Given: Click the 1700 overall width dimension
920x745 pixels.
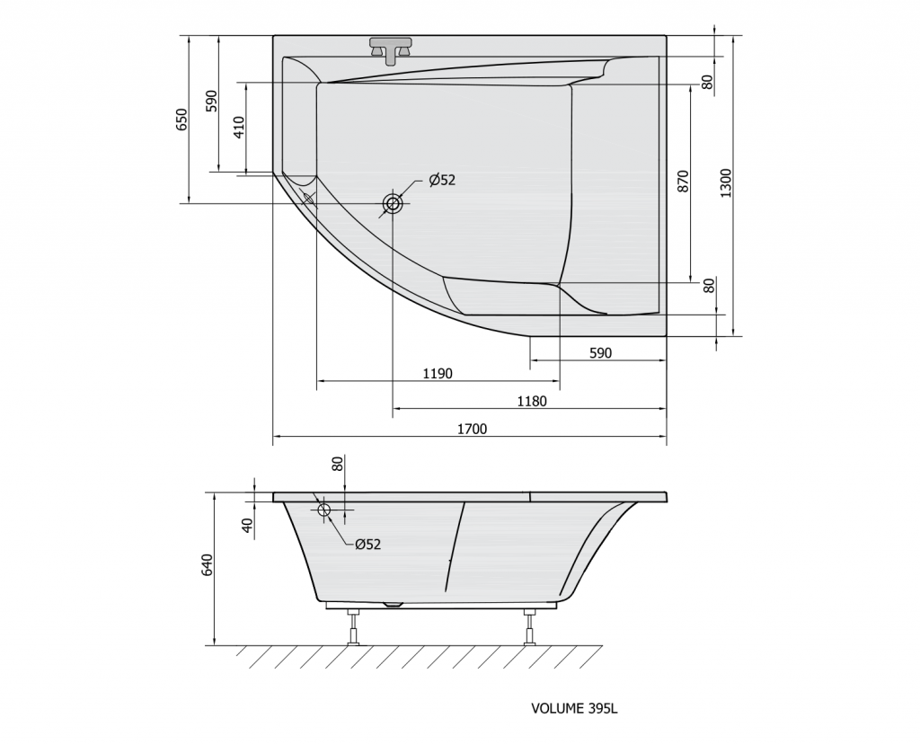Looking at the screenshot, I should tap(471, 430).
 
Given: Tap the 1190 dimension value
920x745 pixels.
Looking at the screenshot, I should tap(437, 374).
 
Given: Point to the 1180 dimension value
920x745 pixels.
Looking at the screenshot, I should tap(532, 402).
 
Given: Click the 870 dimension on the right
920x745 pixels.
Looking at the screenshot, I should tap(683, 182).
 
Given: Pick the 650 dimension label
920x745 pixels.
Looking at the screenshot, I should tap(181, 120).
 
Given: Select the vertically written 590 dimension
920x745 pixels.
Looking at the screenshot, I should tap(212, 101).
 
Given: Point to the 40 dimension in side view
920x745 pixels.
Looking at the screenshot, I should tap(249, 524).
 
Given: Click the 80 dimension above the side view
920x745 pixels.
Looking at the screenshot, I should tap(338, 465).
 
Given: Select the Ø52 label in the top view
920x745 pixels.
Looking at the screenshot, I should tap(442, 180).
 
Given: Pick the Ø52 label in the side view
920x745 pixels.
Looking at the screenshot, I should tap(367, 544).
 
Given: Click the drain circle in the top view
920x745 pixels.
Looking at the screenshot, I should tap(393, 204).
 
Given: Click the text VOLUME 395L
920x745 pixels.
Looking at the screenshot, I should tap(574, 708).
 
